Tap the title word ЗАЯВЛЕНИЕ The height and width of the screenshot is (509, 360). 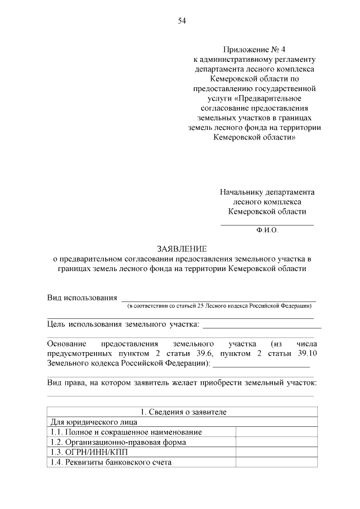point(181,248)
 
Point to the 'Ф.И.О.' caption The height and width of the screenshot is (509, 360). point(267,230)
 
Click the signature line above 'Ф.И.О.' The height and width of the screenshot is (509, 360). point(267,225)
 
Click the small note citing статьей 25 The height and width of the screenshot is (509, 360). point(219,306)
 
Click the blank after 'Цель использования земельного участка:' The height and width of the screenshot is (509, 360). point(262,326)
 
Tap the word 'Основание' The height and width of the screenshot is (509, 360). point(66,343)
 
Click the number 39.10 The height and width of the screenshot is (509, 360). point(307,353)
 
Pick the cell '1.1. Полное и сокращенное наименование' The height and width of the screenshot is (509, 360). point(126,431)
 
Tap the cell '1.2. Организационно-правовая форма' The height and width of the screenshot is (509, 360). point(118,442)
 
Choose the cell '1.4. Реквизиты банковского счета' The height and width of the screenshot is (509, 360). point(111,462)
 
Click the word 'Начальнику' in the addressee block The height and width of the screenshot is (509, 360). point(241,192)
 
